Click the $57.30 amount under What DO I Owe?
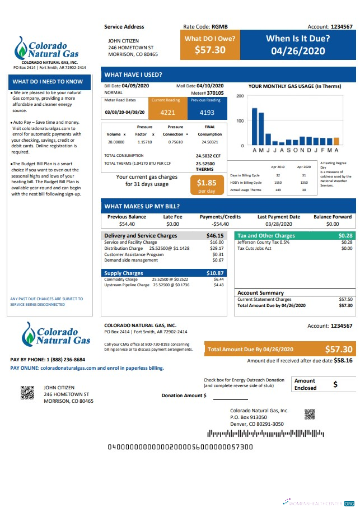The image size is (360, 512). click(210, 50)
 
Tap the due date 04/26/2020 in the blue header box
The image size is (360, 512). click(297, 50)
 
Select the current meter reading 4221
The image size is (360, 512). click(167, 112)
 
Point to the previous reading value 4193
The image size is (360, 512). click(207, 112)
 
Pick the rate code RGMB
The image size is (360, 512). click(219, 26)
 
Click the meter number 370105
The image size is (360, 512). click(215, 93)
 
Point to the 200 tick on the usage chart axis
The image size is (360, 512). click(240, 96)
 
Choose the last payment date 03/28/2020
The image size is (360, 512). click(279, 224)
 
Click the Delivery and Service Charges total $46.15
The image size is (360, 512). click(215, 236)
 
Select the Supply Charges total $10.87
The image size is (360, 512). click(215, 273)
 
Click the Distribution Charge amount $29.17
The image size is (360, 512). click(217, 248)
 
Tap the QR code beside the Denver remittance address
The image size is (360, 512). click(310, 414)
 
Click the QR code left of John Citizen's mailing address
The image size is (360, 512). click(27, 393)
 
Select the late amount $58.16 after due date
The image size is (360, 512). click(343, 361)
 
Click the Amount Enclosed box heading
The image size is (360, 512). click(305, 384)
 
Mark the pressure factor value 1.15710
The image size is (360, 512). click(145, 142)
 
